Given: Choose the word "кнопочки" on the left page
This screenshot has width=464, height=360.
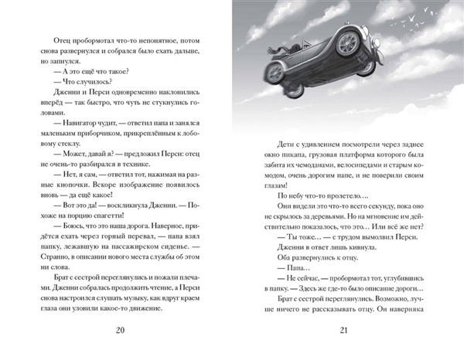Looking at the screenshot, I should (x=53, y=175).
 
